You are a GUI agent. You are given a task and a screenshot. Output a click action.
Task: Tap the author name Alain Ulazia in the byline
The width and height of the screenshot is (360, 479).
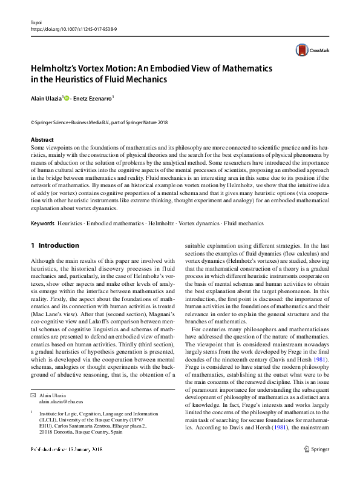click(x=45, y=97)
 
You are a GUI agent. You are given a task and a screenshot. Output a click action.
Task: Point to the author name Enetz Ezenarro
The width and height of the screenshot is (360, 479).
click(x=94, y=97)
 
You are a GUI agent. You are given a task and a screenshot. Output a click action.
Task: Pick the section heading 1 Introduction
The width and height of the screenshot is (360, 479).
click(x=54, y=246)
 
